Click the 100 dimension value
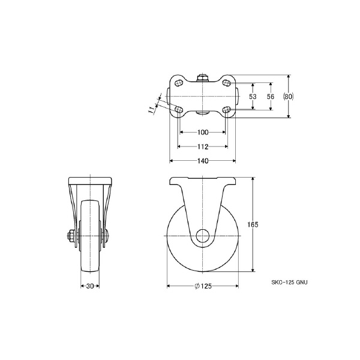point(203,132)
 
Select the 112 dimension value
point(203,146)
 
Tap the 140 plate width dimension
point(203,161)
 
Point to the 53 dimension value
point(253,97)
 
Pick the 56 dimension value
point(271,97)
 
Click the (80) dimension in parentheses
point(288,97)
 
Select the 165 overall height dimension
point(253,224)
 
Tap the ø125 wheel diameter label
point(203,286)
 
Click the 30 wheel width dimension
point(90,286)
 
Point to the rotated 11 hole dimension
point(151,110)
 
